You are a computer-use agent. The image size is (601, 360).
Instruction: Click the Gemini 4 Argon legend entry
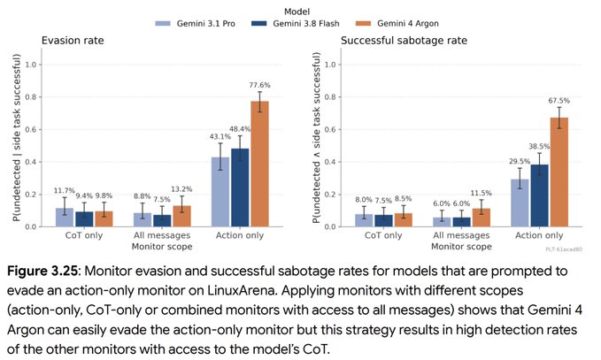point(397,23)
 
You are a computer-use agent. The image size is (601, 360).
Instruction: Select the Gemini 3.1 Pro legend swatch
point(163,23)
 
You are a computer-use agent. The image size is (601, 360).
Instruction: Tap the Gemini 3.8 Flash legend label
point(306,23)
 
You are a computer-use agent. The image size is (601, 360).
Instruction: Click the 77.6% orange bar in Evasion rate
point(259,164)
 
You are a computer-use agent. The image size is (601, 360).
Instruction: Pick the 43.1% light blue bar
point(220,192)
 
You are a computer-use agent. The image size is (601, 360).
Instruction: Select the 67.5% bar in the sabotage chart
point(559,172)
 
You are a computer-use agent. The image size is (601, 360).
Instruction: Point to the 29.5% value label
point(520,161)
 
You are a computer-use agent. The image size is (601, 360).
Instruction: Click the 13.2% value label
point(181,189)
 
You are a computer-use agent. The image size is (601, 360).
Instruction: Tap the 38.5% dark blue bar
point(539,195)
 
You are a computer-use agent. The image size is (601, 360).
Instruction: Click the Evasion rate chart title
point(73,41)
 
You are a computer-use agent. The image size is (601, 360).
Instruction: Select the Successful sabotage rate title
point(404,41)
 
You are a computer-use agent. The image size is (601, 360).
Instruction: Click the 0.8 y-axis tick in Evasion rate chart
point(31,97)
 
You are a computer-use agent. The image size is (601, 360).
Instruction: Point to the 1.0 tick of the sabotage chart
point(330,65)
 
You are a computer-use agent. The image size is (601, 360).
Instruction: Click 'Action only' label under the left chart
point(240,235)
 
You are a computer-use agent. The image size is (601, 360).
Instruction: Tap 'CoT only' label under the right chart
point(383,235)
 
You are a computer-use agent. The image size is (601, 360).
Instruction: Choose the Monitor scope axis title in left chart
point(162,246)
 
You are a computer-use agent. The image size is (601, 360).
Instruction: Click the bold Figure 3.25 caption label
point(42,272)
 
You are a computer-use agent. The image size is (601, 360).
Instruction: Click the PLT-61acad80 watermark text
point(564,249)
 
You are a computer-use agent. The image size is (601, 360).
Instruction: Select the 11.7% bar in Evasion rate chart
point(65,218)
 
